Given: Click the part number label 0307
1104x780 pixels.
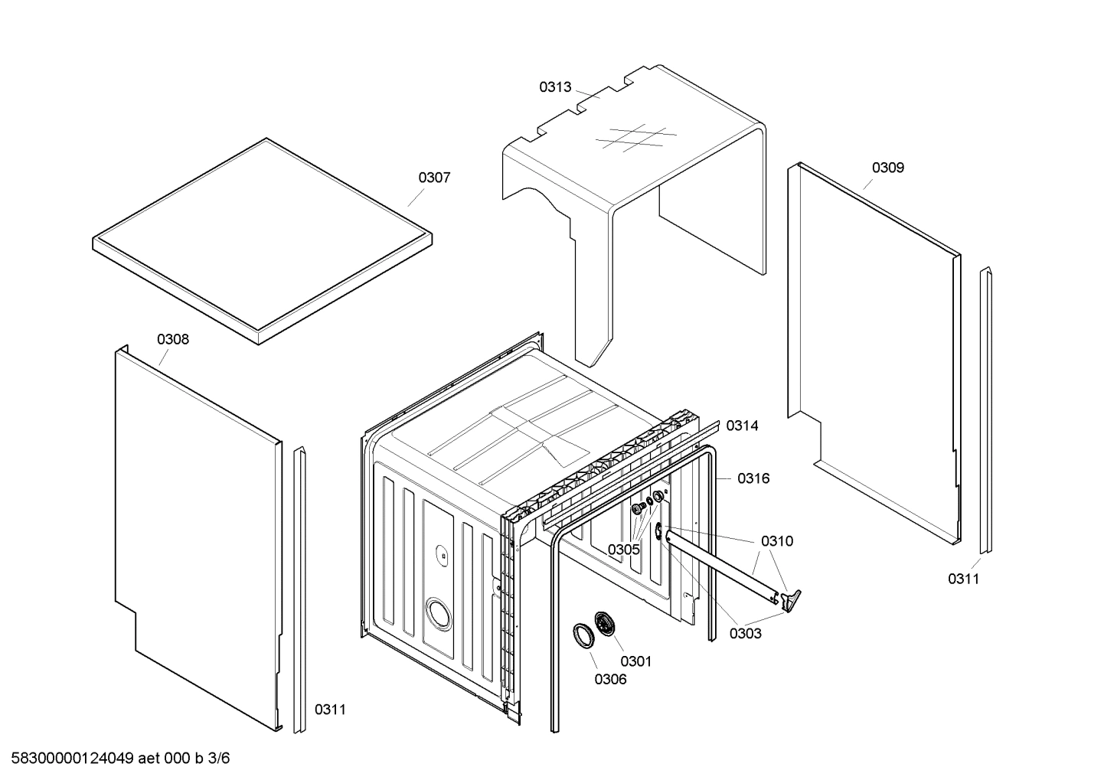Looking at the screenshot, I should pyautogui.click(x=433, y=178).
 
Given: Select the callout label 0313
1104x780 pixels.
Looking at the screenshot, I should pyautogui.click(x=554, y=87).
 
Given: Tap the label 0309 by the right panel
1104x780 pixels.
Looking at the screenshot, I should pyautogui.click(x=887, y=168).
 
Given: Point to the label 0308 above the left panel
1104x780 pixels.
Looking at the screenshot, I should pyautogui.click(x=173, y=339).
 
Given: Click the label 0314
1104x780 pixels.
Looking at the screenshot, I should pyautogui.click(x=742, y=426).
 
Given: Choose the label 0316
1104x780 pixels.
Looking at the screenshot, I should pyautogui.click(x=753, y=478).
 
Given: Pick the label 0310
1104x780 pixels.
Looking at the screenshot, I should pyautogui.click(x=776, y=541).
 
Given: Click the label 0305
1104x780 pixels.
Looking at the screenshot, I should pyautogui.click(x=623, y=550).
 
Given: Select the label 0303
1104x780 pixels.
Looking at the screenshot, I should pyautogui.click(x=745, y=633).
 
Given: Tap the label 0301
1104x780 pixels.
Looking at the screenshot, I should pyautogui.click(x=635, y=661).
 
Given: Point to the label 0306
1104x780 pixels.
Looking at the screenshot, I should pyautogui.click(x=610, y=679).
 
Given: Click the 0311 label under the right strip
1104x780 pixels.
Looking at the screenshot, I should pyautogui.click(x=963, y=579).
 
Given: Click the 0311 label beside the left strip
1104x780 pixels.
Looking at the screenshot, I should pyautogui.click(x=330, y=710).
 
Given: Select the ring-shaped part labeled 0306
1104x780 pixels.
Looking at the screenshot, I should pyautogui.click(x=584, y=636).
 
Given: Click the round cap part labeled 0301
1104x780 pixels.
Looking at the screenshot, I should pyautogui.click(x=605, y=623).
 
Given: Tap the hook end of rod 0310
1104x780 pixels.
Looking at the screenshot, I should pyautogui.click(x=792, y=599).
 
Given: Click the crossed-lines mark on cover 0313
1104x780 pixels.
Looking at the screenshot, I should pyautogui.click(x=635, y=138).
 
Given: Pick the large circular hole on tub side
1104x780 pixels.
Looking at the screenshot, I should pyautogui.click(x=438, y=613).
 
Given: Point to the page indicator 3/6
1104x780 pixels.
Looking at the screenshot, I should pyautogui.click(x=218, y=759).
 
